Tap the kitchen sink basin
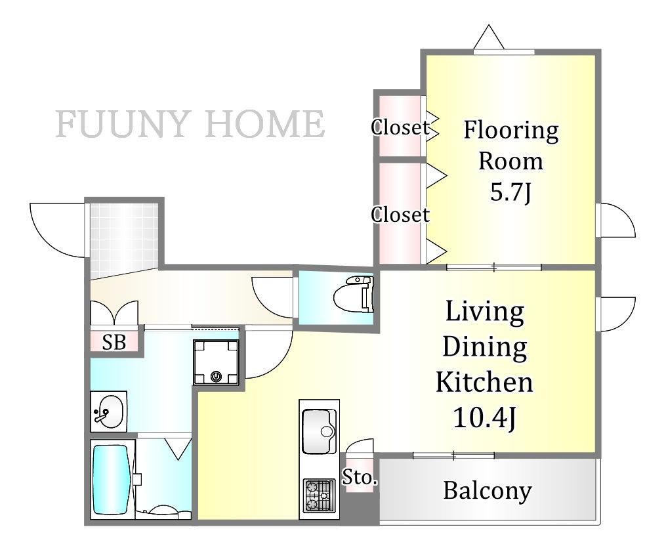pos(319,431)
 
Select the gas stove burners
pos(319,495)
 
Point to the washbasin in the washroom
pos(109,411)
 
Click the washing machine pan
pos(216,362)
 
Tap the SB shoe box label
pos(114,341)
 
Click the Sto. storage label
pos(360,477)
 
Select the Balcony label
pos(487,491)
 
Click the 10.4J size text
pos(485,417)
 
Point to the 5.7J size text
pos(510,193)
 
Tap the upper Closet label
pos(400,127)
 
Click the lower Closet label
pos(400,215)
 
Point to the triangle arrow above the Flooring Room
pos(489,37)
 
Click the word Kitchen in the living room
pos(484,382)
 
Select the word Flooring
pos(510,131)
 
